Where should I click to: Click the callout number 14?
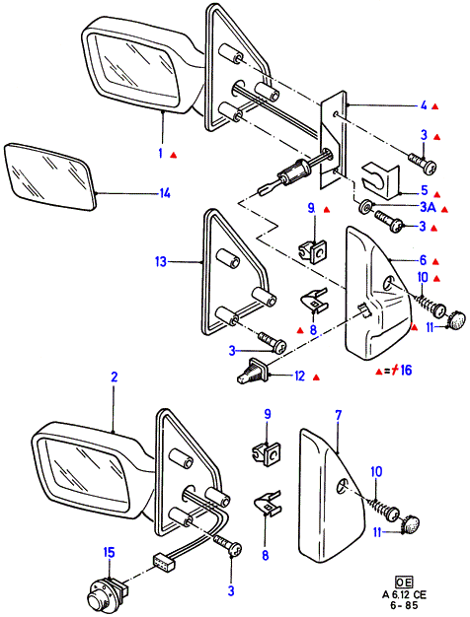[165, 193]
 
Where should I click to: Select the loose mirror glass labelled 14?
[50, 177]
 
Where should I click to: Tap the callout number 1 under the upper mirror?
[161, 153]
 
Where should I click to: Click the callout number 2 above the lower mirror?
[114, 377]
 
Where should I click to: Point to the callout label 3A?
[428, 207]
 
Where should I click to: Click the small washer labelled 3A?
[364, 206]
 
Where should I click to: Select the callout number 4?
[424, 105]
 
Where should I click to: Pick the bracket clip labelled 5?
[380, 181]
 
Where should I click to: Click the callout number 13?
[161, 261]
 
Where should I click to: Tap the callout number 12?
[299, 377]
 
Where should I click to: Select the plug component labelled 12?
[253, 371]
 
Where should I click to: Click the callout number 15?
[109, 552]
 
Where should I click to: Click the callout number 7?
[339, 415]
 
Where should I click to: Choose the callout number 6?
[423, 260]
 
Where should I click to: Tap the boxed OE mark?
[404, 583]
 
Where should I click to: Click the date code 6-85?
[405, 605]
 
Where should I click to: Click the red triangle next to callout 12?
[316, 377]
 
